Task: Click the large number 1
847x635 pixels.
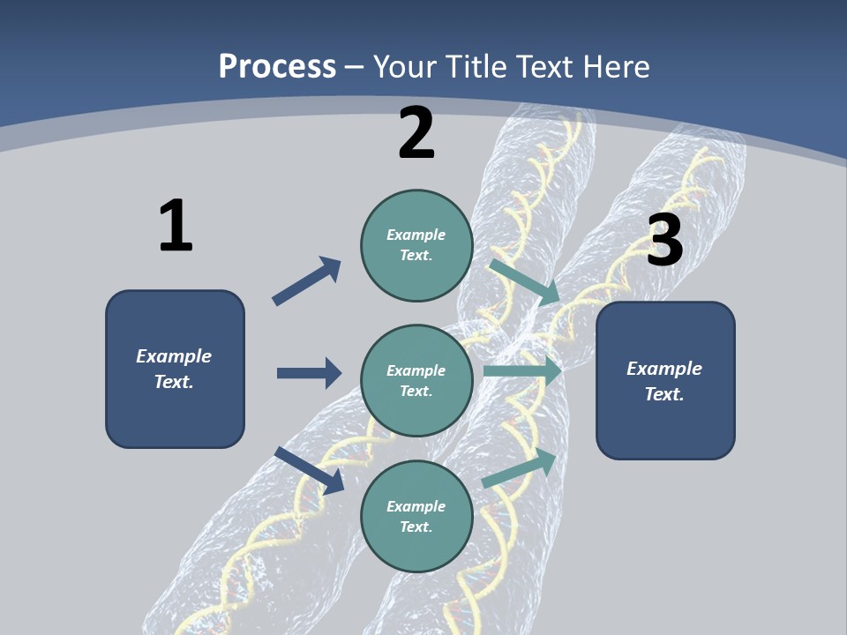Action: pyautogui.click(x=176, y=225)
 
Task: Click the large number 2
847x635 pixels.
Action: pyautogui.click(x=416, y=132)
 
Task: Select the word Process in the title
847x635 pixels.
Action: pyautogui.click(x=277, y=66)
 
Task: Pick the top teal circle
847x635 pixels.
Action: pyautogui.click(x=416, y=245)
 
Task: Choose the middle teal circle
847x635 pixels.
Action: pyautogui.click(x=416, y=381)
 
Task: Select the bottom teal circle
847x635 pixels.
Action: pyautogui.click(x=416, y=517)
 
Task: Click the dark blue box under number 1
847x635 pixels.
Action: pyautogui.click(x=175, y=369)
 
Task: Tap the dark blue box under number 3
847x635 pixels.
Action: pyautogui.click(x=665, y=381)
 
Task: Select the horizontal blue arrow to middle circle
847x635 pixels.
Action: pyautogui.click(x=309, y=373)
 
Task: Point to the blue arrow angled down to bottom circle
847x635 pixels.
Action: pyautogui.click(x=310, y=470)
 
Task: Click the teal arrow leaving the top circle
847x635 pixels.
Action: pyautogui.click(x=524, y=281)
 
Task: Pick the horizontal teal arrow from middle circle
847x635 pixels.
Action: pyautogui.click(x=521, y=371)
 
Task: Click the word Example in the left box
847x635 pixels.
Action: pyautogui.click(x=174, y=356)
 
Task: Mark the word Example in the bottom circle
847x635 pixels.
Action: pyautogui.click(x=416, y=506)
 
